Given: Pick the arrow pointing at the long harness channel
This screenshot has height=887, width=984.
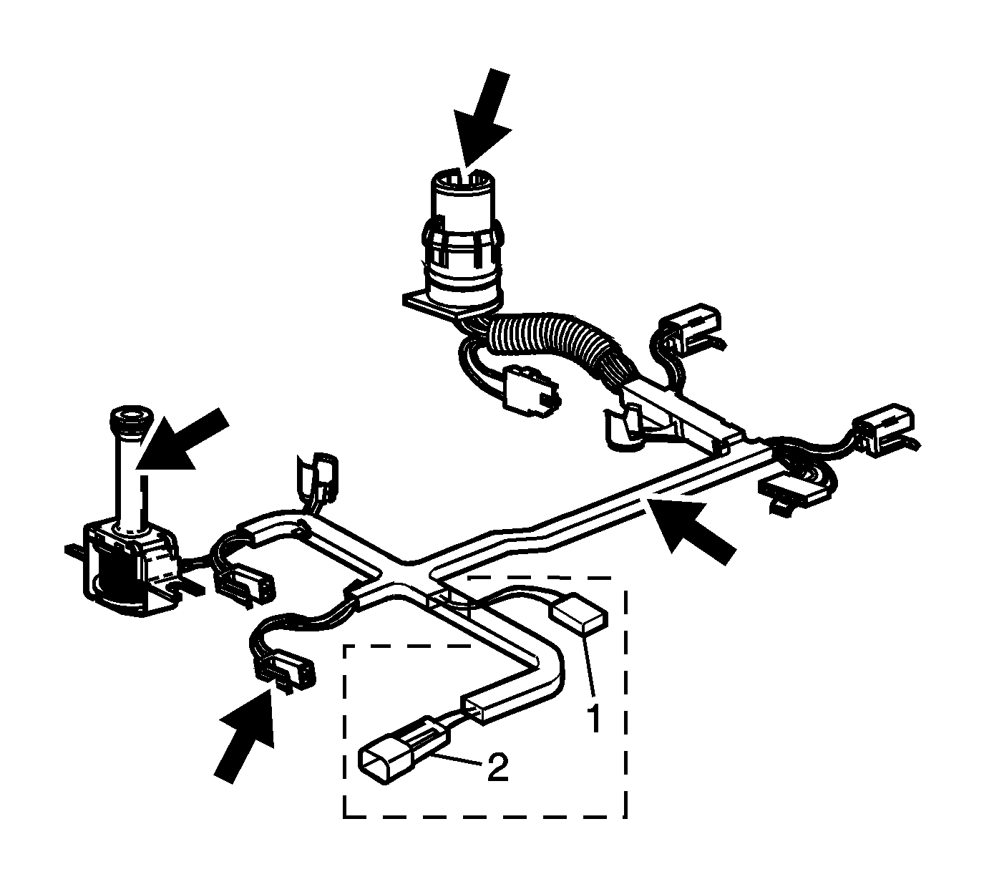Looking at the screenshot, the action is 691,529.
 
